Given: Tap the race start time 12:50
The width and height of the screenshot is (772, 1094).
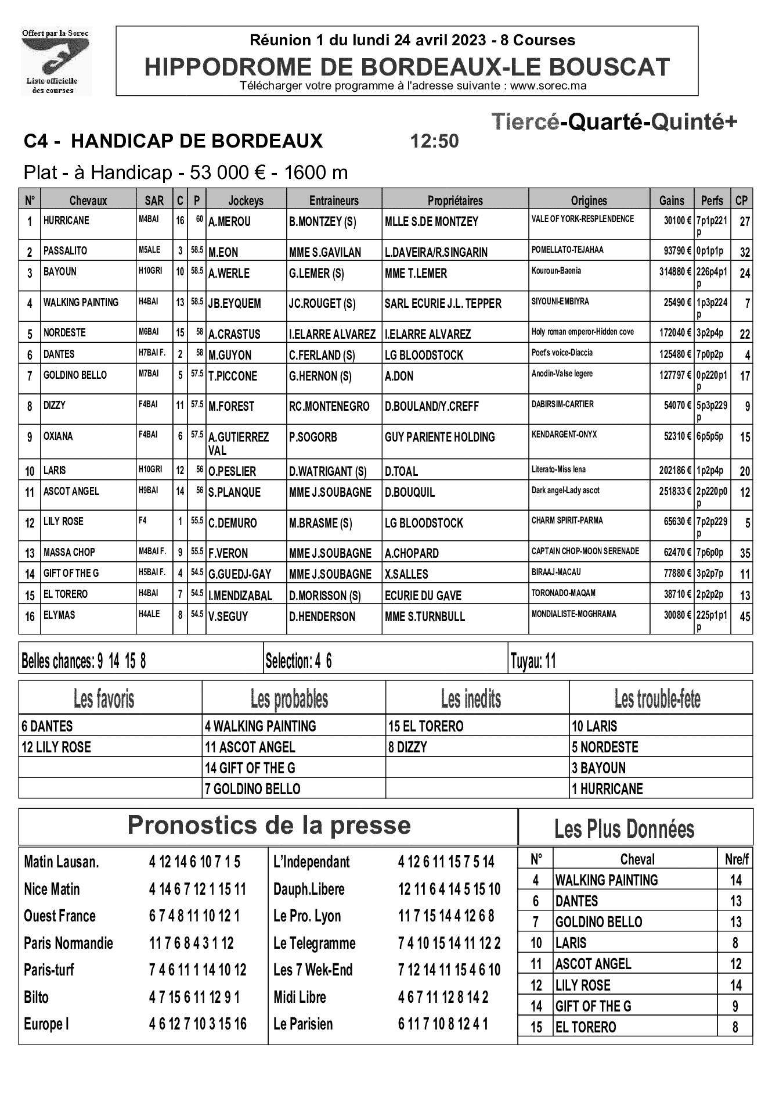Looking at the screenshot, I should [x=434, y=141].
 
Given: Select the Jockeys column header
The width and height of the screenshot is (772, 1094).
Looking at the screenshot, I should [x=246, y=200].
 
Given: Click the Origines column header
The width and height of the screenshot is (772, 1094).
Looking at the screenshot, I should [x=589, y=200].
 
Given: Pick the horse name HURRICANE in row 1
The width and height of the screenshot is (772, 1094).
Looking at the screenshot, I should [x=66, y=221].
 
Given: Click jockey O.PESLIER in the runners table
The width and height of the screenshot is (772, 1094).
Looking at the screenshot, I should [x=232, y=471].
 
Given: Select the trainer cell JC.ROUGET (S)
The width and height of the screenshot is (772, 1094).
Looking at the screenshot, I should [x=322, y=304].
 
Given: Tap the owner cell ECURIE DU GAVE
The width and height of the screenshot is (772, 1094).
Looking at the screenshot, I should [x=423, y=596].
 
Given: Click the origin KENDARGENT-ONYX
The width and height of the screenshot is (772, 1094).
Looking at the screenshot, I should [x=564, y=435].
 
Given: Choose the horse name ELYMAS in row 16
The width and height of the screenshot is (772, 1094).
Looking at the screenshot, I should [x=59, y=615].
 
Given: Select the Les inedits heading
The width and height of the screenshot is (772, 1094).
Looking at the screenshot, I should [x=471, y=699].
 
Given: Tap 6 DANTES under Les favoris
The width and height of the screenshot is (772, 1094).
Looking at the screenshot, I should [x=47, y=726].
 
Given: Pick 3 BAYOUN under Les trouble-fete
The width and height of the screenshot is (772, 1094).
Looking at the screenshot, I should [x=598, y=768].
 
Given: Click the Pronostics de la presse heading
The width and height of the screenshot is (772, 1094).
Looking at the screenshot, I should [x=269, y=826].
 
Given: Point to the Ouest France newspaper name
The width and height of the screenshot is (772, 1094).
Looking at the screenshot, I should [x=59, y=916].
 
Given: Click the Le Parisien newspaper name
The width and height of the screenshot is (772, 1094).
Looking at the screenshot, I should [x=303, y=1024].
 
